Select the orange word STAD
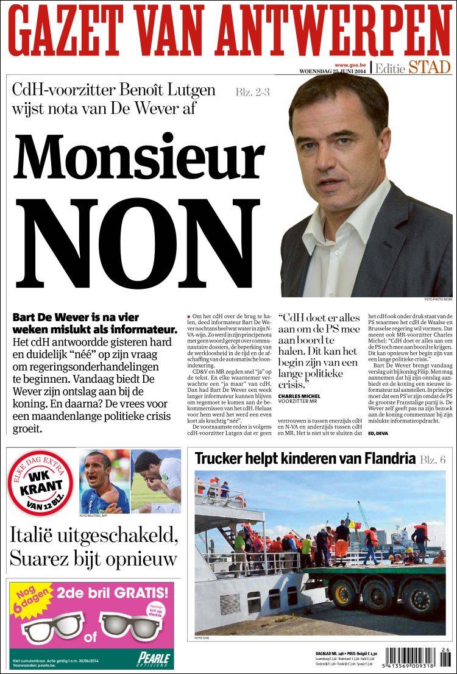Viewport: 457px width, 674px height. click(x=430, y=68)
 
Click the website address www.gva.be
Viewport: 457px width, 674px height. click(x=350, y=65)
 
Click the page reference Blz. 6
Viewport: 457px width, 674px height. click(x=434, y=459)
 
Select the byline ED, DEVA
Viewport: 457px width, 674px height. click(x=378, y=433)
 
